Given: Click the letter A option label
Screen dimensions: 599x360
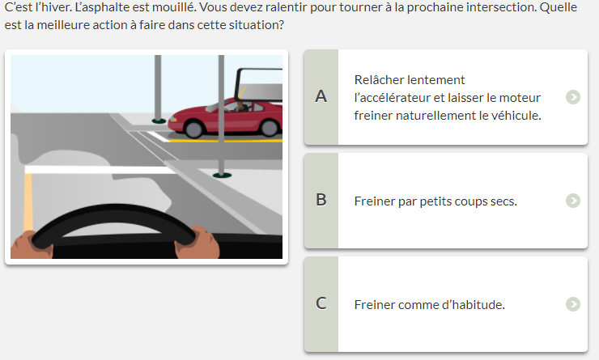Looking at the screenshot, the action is pyautogui.click(x=321, y=96).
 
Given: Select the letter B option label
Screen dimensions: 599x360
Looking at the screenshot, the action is pyautogui.click(x=321, y=200).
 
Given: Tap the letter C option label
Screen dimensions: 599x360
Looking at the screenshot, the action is pyautogui.click(x=321, y=303).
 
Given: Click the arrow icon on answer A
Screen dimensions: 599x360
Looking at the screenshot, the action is pyautogui.click(x=573, y=97).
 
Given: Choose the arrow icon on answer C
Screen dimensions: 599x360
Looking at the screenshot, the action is pyautogui.click(x=573, y=304).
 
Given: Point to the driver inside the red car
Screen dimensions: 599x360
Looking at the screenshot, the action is pyautogui.click(x=240, y=107).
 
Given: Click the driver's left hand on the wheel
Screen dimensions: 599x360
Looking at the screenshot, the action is pyautogui.click(x=32, y=244).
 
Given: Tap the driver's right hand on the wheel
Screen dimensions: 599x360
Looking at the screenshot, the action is pyautogui.click(x=198, y=243).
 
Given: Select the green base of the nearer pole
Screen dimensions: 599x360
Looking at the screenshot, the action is pyautogui.click(x=222, y=176).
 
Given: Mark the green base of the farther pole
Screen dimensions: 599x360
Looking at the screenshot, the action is pyautogui.click(x=159, y=121).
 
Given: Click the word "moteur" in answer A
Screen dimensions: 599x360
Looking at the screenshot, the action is pyautogui.click(x=520, y=98).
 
